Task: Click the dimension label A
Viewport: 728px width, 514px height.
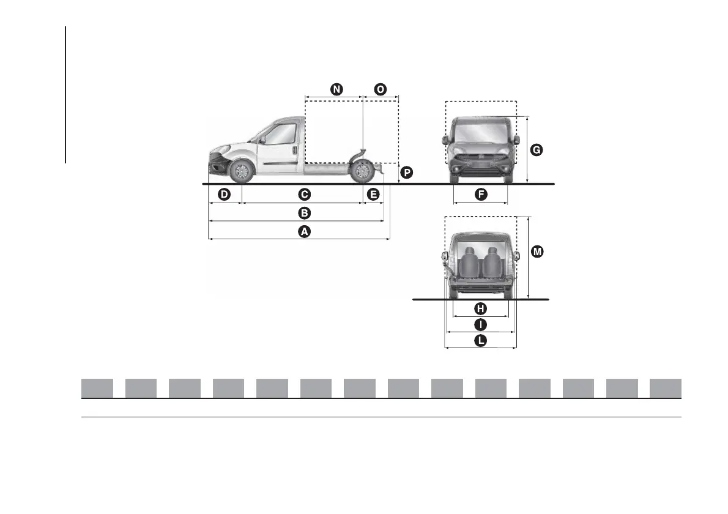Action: (303, 232)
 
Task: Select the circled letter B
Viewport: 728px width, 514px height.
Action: (303, 214)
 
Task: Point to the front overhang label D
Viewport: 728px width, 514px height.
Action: (225, 195)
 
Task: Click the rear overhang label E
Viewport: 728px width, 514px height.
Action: (373, 195)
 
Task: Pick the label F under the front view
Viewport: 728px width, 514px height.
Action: (481, 195)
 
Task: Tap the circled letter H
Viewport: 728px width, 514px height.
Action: (481, 308)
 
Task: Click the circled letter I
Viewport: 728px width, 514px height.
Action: (481, 324)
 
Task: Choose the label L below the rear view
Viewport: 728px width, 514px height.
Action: (481, 341)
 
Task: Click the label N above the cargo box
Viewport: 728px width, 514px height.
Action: (336, 89)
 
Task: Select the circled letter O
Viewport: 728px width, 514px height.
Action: (381, 89)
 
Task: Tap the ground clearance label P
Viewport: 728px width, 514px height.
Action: (406, 173)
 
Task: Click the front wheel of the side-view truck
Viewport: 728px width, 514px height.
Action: (242, 171)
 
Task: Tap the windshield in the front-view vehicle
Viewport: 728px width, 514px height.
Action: (481, 132)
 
